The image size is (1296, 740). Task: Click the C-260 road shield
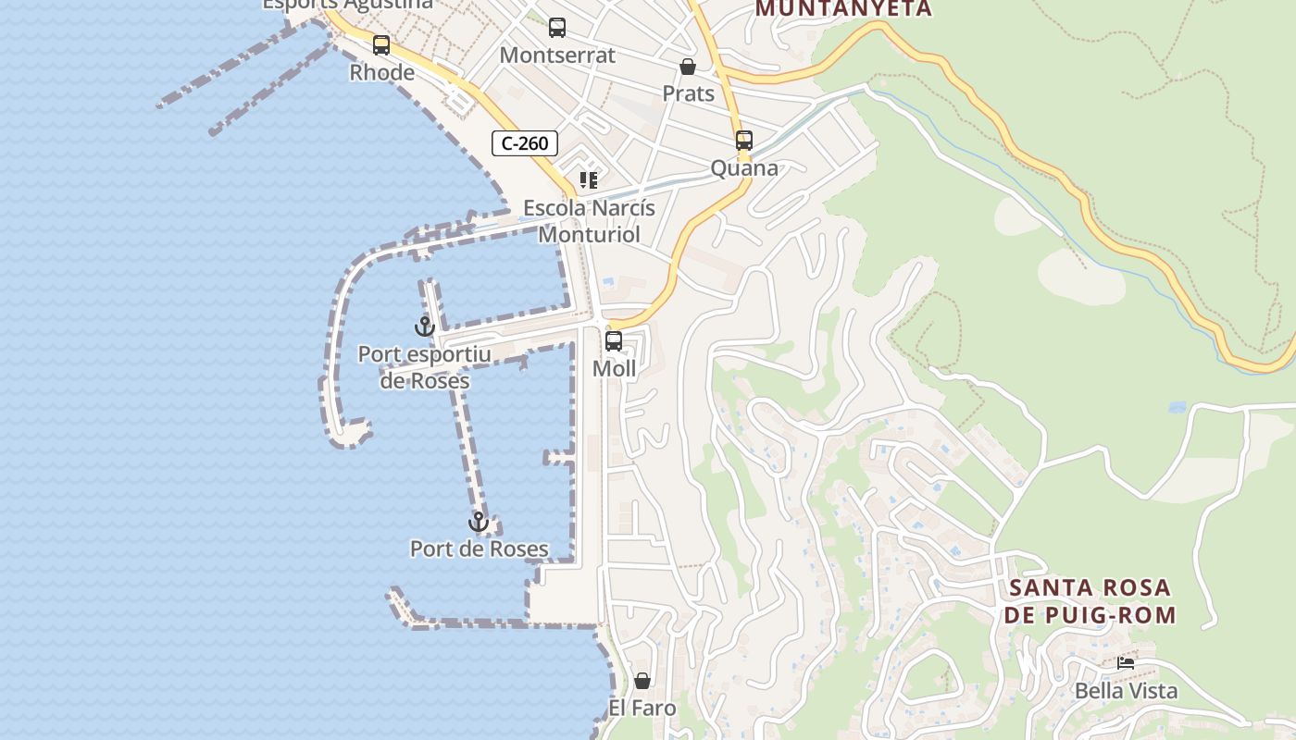click(525, 143)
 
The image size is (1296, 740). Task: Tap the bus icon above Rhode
click(381, 44)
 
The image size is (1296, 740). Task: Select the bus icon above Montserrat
click(557, 28)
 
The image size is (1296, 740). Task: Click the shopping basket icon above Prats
click(688, 67)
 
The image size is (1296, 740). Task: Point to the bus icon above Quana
click(744, 141)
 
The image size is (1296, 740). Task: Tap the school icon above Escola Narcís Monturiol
click(589, 179)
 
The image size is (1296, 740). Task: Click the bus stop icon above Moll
click(614, 341)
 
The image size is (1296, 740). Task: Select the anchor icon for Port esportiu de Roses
click(424, 327)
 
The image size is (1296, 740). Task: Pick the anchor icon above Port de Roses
click(479, 523)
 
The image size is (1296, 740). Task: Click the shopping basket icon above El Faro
click(642, 682)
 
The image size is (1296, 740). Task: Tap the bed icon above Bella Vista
click(1126, 663)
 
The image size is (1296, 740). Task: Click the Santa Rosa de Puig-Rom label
click(1091, 601)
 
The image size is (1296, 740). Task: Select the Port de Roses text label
click(480, 549)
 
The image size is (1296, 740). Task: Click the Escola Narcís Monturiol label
click(590, 221)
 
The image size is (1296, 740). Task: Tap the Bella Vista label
click(1126, 691)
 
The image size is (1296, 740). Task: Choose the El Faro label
click(642, 709)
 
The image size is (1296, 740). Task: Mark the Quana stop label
click(744, 168)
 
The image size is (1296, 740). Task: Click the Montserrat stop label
click(557, 55)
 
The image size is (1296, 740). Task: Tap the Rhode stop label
click(381, 72)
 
